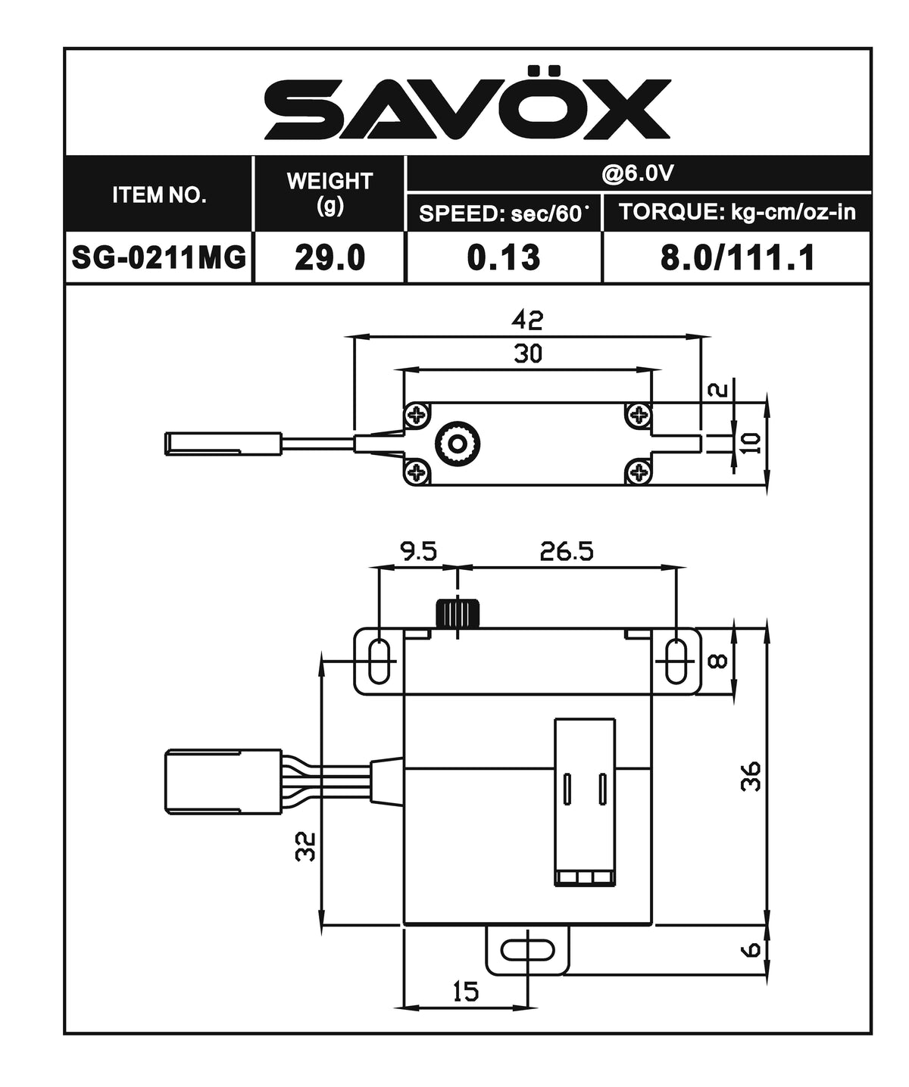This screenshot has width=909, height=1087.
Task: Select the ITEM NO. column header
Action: [159, 195]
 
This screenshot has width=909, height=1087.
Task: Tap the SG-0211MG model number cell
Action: [159, 257]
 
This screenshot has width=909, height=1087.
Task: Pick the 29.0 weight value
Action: [330, 257]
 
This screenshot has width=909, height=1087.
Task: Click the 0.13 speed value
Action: [504, 257]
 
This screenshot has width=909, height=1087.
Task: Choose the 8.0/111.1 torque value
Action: [737, 257]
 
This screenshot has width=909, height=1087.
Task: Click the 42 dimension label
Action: [527, 320]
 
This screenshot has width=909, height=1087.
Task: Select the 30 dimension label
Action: [527, 354]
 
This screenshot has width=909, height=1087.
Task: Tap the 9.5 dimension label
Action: [419, 551]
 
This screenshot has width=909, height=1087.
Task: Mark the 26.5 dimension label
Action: [567, 551]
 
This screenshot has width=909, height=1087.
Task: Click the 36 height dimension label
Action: [750, 776]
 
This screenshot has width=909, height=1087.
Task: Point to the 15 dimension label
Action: [466, 991]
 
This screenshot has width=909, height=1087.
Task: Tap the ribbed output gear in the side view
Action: [458, 613]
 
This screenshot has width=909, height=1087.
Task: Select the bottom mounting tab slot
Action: [527, 949]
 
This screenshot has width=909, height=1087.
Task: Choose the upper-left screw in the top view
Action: [416, 414]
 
